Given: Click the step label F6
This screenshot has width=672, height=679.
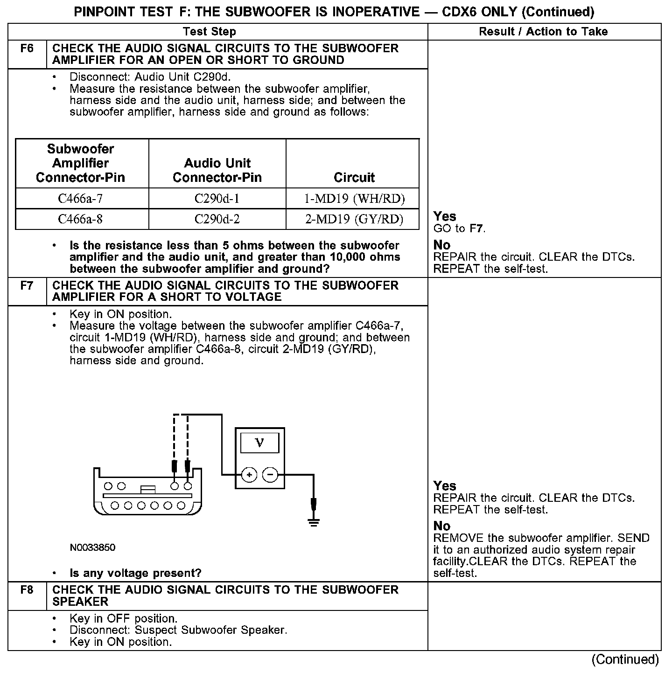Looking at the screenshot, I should point(27,48).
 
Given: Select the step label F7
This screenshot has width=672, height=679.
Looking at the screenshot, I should point(27,285).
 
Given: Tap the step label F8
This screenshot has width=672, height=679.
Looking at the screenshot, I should point(27,590).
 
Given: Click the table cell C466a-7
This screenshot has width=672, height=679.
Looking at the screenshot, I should point(80,199).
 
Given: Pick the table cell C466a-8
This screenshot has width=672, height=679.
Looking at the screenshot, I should point(80,219).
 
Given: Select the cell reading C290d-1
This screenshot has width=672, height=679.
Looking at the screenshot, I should point(217,199).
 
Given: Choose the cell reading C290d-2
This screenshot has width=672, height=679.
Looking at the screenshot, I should point(217,219).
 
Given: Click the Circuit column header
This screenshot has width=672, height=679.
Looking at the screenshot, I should point(354,178).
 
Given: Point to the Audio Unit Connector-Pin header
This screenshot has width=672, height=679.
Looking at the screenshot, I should point(217,170).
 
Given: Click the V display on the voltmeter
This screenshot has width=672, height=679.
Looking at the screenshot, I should point(260,443).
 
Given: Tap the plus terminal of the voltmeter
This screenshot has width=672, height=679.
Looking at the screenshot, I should point(250,475).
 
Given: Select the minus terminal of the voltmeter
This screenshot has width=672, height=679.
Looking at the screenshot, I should point(270,475).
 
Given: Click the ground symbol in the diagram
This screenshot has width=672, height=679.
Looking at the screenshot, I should point(314,522).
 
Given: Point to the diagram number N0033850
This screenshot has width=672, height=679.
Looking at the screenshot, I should point(92,547).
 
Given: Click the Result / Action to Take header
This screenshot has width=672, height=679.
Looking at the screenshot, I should point(543,32).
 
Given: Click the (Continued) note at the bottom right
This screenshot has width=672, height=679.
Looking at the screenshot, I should point(625,659).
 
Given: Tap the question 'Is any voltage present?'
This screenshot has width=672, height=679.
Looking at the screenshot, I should point(135,573).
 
